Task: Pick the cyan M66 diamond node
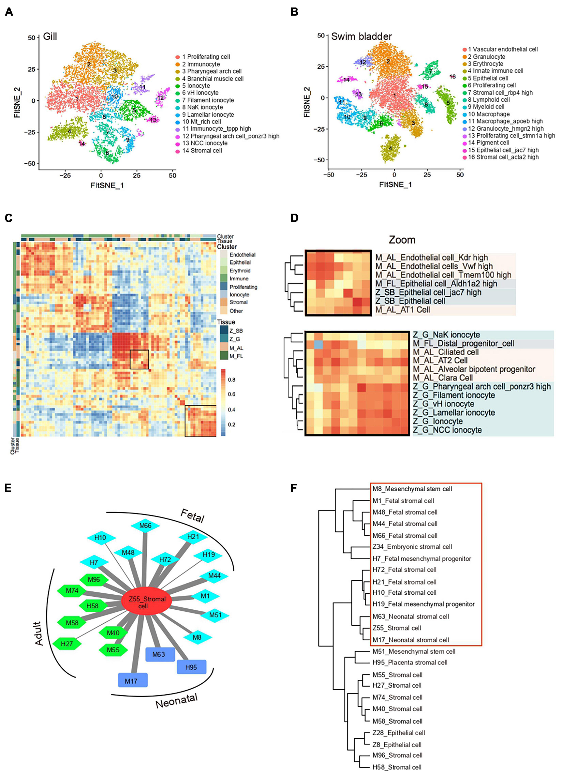145,525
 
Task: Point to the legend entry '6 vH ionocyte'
200,93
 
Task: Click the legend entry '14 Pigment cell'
488,143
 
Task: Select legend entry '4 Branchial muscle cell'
213,78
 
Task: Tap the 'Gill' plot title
50,36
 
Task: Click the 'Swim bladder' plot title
361,36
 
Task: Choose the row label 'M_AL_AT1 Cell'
403,310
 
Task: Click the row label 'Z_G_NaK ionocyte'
446,335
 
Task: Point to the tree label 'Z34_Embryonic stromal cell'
412,547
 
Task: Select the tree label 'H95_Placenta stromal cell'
410,662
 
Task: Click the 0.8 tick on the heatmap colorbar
231,380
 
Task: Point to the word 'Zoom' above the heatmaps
402,240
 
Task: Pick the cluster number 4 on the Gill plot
69,131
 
